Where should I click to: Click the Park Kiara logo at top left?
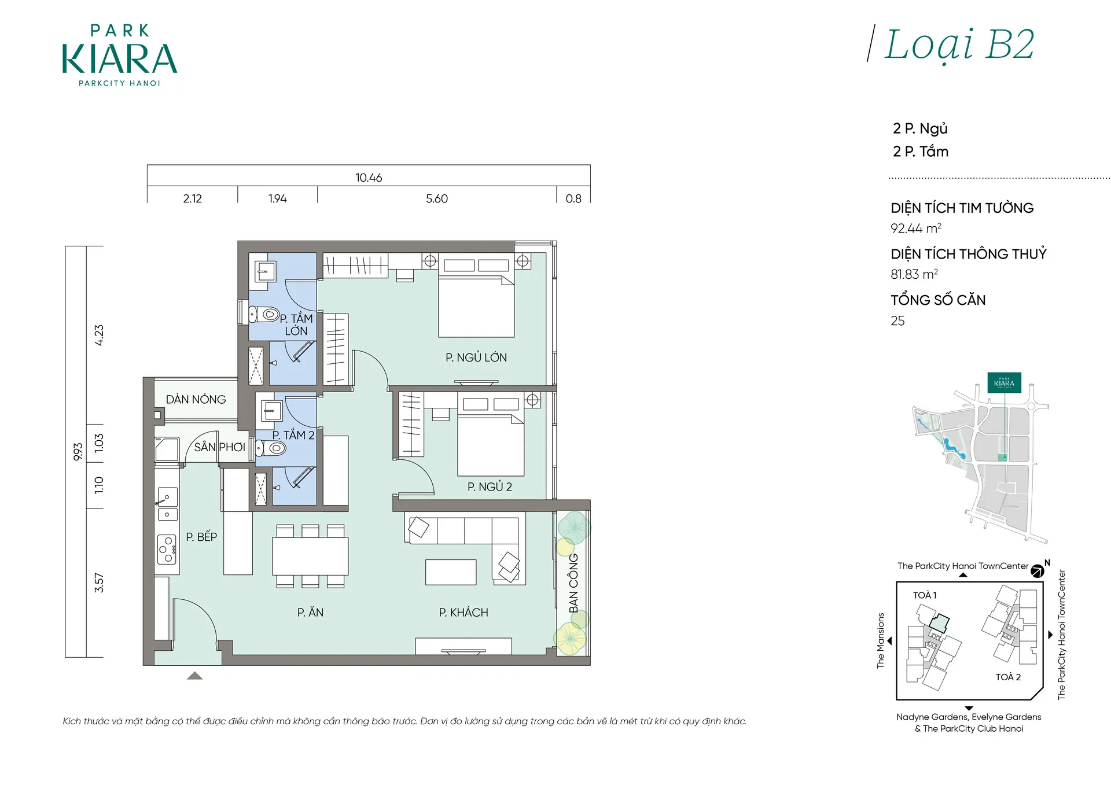[119, 56]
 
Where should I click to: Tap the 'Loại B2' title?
[959, 45]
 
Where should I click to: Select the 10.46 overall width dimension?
[369, 178]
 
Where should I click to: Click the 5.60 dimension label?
[437, 198]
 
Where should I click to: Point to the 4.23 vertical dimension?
[99, 335]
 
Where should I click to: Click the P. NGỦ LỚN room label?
[476, 357]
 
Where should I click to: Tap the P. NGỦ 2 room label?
[490, 486]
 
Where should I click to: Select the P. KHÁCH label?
[463, 612]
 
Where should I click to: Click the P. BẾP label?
[201, 536]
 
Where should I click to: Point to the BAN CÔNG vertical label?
[573, 583]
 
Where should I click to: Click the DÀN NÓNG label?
[196, 399]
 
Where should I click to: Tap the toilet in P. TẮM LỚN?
[264, 315]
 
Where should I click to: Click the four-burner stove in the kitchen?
[167, 550]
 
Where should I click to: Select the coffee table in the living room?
[451, 572]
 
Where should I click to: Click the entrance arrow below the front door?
[195, 675]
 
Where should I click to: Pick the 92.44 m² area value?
[916, 228]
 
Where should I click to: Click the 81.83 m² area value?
[914, 274]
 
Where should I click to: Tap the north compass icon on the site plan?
[1038, 572]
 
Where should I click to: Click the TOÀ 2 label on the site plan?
[1008, 677]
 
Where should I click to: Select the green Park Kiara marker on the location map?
[1004, 383]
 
